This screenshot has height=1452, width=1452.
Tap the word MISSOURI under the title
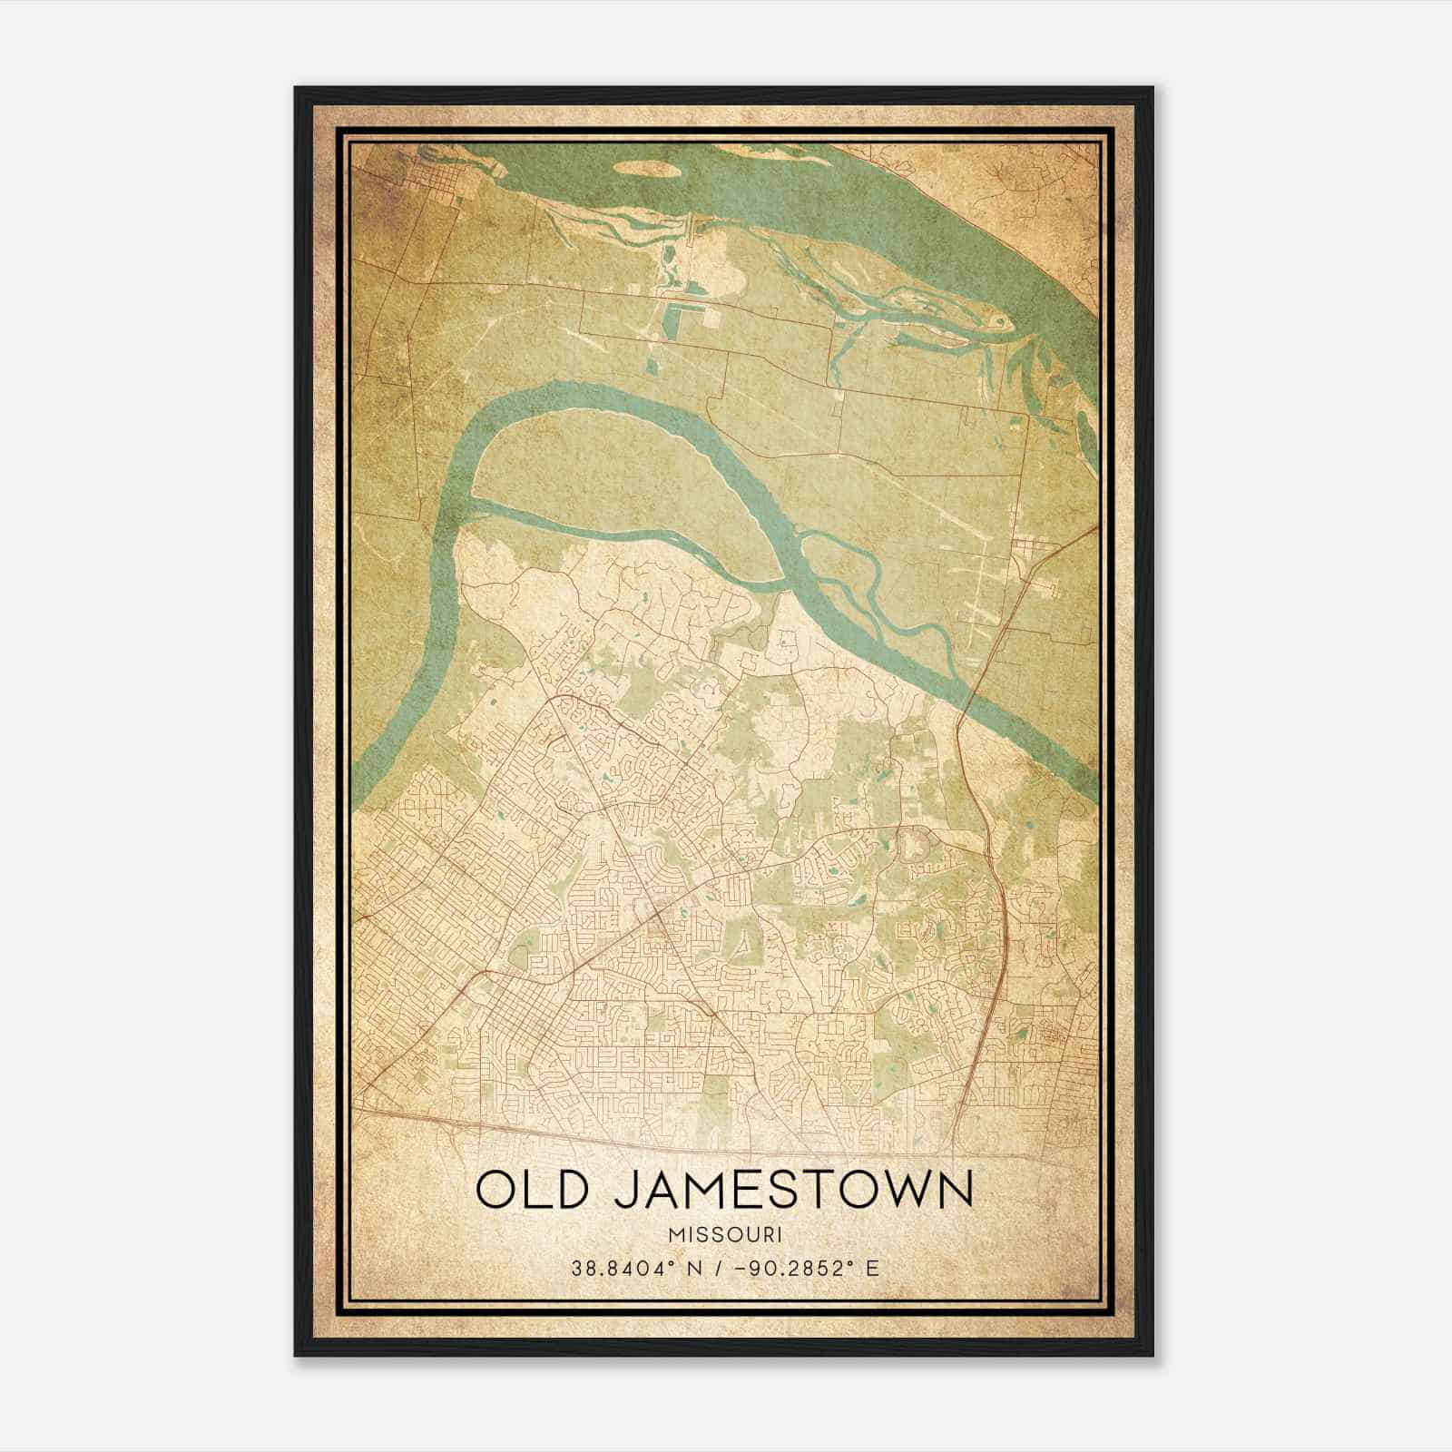tap(726, 1235)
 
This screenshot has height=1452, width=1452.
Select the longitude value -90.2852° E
tap(802, 1269)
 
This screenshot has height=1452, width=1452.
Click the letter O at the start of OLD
tap(495, 1190)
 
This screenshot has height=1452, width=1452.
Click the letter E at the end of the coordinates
tap(873, 1269)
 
